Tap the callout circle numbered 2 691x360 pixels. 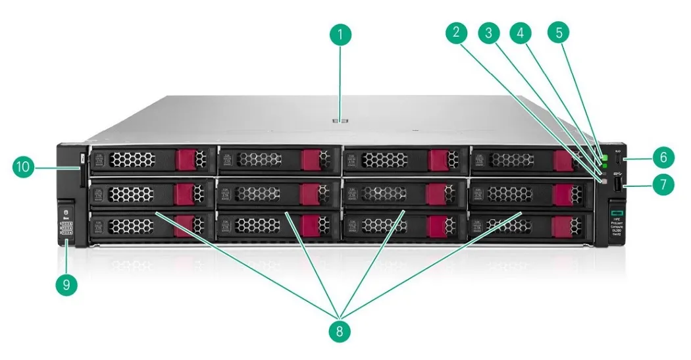point(455,34)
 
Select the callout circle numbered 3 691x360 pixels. point(489,34)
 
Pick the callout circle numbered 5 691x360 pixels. point(560,34)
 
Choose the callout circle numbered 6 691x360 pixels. point(663,157)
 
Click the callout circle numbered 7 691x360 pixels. point(663,184)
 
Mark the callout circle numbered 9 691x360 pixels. point(66,284)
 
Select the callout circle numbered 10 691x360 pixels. point(24,167)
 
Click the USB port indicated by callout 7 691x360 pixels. point(617,186)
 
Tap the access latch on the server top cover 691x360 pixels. point(340,120)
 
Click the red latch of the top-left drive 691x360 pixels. point(185,159)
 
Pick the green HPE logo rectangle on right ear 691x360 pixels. point(617,213)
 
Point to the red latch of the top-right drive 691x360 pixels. point(563,161)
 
